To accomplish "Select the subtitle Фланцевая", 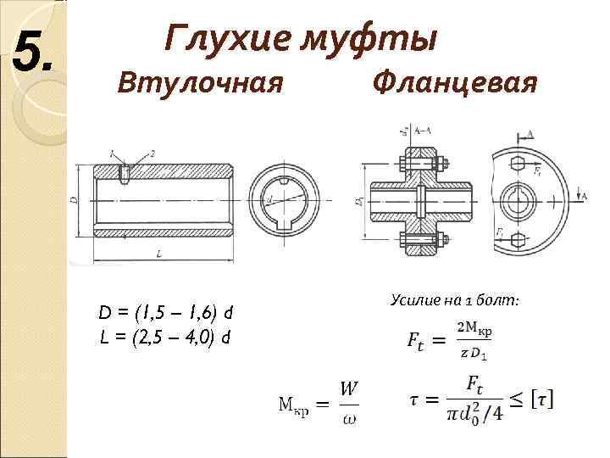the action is pos(455,84).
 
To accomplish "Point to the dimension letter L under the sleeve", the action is pos(158,254).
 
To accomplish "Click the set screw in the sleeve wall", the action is pos(126,174).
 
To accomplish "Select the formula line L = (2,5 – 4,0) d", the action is pos(166,337).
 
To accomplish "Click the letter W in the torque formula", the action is pos(348,388).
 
